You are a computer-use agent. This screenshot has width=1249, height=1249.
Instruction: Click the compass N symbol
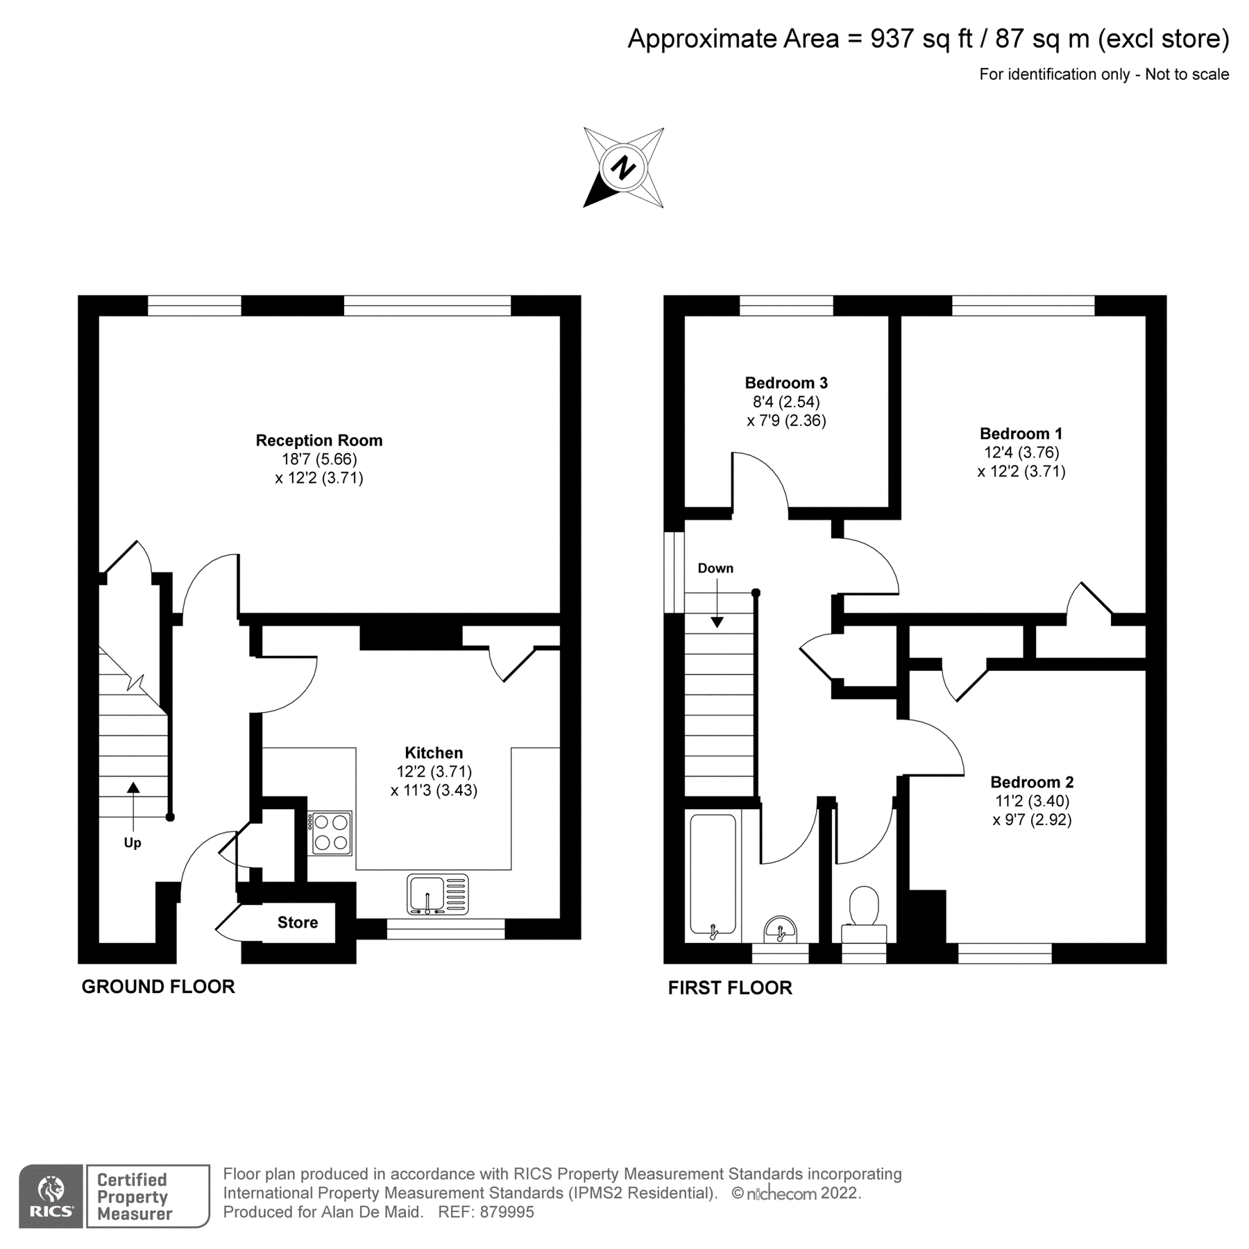click(623, 167)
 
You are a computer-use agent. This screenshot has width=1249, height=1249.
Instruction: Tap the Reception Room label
click(319, 440)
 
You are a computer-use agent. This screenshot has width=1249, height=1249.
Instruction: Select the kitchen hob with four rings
click(331, 833)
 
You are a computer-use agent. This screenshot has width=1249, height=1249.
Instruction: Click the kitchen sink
click(437, 895)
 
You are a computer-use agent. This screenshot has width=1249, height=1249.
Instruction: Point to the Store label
click(298, 922)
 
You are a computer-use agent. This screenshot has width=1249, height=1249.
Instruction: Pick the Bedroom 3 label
click(786, 382)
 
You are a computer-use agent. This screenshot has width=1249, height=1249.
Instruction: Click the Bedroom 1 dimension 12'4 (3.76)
click(1021, 452)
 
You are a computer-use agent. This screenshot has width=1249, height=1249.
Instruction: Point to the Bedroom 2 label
click(1032, 782)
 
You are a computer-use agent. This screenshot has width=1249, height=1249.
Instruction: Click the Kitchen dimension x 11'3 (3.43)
click(434, 790)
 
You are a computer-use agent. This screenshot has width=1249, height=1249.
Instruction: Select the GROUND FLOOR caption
click(158, 987)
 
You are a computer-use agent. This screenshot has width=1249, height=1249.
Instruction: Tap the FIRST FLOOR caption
click(730, 988)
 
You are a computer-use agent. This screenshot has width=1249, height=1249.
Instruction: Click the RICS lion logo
click(51, 1196)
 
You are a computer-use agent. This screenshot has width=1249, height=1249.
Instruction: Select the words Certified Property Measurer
click(134, 1196)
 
